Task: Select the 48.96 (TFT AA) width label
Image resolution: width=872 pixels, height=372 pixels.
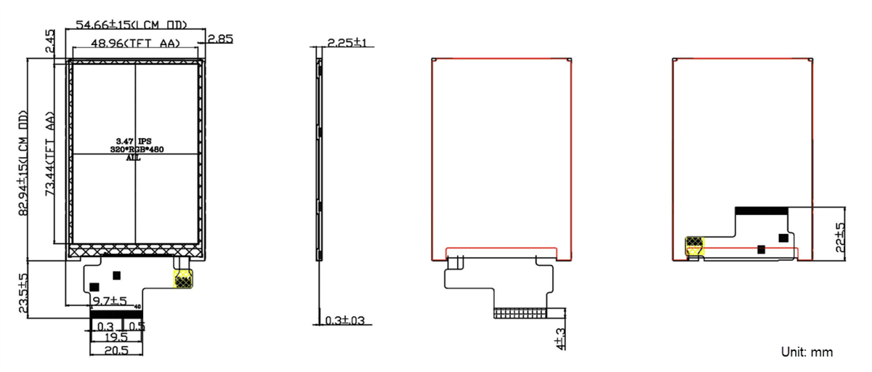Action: click(134, 44)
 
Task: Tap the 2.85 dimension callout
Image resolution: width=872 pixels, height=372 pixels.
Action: click(219, 39)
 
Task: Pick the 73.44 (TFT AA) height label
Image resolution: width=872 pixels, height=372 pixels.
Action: click(50, 154)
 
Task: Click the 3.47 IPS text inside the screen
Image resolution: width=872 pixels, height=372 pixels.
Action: click(134, 139)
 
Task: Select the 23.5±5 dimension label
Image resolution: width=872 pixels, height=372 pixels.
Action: click(23, 294)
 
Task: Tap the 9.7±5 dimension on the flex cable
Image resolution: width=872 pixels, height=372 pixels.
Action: click(109, 300)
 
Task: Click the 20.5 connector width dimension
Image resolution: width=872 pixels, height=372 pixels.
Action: click(116, 350)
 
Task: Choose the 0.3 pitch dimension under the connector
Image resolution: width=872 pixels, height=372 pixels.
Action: click(105, 325)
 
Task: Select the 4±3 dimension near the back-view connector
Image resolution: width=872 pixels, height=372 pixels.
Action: click(560, 337)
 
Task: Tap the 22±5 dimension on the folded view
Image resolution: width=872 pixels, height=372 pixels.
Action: click(840, 237)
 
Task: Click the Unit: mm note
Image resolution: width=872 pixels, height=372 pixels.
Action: click(807, 352)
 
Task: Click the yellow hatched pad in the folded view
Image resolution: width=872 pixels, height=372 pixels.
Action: click(695, 245)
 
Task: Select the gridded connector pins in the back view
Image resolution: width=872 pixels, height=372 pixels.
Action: click(520, 313)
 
